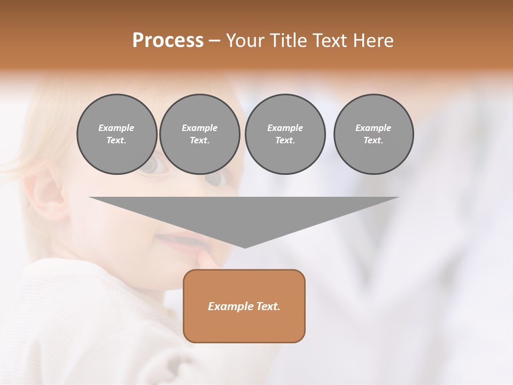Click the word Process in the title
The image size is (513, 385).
point(168,41)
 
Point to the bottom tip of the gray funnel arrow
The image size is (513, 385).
point(245,247)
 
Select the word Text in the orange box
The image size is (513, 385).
point(268,306)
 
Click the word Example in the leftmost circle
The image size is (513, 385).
point(116,128)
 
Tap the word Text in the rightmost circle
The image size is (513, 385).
point(373,141)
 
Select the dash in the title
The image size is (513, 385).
point(214,41)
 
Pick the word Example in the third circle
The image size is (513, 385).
point(285,128)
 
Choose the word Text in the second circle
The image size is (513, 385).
point(199,141)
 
